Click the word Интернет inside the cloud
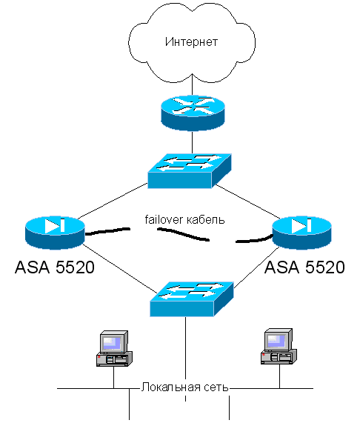pyautogui.click(x=191, y=41)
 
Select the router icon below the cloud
pyautogui.click(x=193, y=113)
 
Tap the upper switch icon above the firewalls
pyautogui.click(x=190, y=171)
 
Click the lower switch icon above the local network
pyautogui.click(x=192, y=299)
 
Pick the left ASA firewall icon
pyautogui.click(x=55, y=233)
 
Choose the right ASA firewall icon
pyautogui.click(x=301, y=233)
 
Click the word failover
pyautogui.click(x=164, y=219)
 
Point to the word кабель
pyautogui.click(x=205, y=219)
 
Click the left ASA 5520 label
pyautogui.click(x=55, y=267)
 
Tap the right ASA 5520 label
pyautogui.click(x=304, y=267)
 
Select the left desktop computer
pyautogui.click(x=114, y=348)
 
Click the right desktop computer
pyautogui.click(x=279, y=347)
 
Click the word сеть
pyautogui.click(x=216, y=387)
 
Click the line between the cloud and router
pyautogui.click(x=193, y=84)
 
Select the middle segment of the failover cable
pyautogui.click(x=184, y=234)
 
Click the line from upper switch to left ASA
pyautogui.click(x=113, y=201)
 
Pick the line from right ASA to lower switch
pyautogui.click(x=256, y=267)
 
